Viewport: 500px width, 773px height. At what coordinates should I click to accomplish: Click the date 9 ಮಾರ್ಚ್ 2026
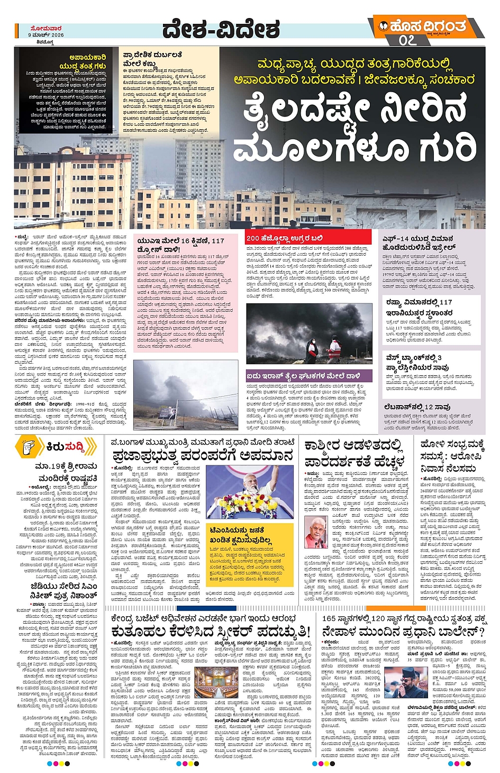[x=46, y=35]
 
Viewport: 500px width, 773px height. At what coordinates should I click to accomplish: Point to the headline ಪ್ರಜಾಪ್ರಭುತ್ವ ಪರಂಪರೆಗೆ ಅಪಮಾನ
[x=202, y=456]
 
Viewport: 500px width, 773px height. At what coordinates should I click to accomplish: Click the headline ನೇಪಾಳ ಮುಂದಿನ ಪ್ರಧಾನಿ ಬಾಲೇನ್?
[x=403, y=632]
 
